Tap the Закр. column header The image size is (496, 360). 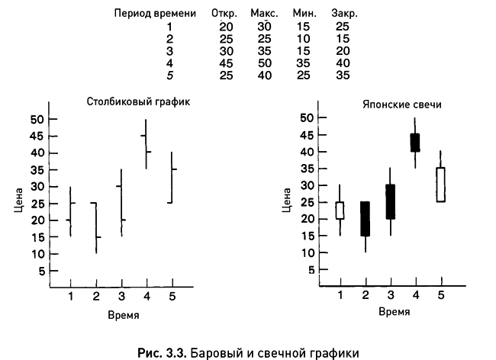[x=344, y=14]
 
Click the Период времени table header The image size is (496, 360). [x=155, y=14]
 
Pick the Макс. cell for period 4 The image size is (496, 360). [x=264, y=63]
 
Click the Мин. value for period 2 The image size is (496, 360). [x=304, y=39]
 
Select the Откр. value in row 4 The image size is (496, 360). [x=226, y=63]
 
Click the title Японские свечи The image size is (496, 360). [x=390, y=104]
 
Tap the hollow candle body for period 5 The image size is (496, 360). [x=440, y=184]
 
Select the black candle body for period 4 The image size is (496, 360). [x=415, y=143]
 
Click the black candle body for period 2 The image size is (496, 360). [x=365, y=218]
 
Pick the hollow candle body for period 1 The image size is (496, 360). [x=340, y=210]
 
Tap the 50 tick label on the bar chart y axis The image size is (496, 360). [x=36, y=119]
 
